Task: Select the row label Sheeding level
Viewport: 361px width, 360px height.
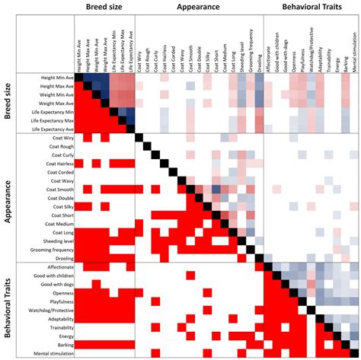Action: click(55, 239)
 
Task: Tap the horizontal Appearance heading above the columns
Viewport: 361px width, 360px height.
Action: click(198, 7)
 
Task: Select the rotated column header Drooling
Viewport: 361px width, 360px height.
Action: click(261, 64)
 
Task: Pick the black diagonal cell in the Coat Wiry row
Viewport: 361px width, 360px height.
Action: click(140, 138)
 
